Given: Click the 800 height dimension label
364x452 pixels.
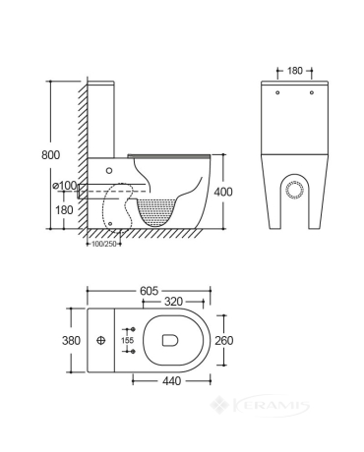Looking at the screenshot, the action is pyautogui.click(x=51, y=154).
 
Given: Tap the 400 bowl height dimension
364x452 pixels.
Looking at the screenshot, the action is pyautogui.click(x=223, y=192).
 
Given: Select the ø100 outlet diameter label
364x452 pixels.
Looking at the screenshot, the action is pyautogui.click(x=65, y=186).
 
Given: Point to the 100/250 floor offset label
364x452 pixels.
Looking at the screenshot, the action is pyautogui.click(x=104, y=244).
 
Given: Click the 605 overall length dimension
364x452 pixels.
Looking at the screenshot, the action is pyautogui.click(x=149, y=291).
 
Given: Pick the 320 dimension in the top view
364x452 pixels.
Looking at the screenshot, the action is pyautogui.click(x=173, y=302).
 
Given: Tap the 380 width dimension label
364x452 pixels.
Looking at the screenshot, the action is pyautogui.click(x=71, y=340).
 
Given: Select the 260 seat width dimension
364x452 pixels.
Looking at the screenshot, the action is pyautogui.click(x=224, y=340).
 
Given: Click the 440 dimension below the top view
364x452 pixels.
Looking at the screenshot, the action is pyautogui.click(x=171, y=381).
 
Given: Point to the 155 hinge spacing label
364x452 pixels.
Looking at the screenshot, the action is pyautogui.click(x=127, y=340).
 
